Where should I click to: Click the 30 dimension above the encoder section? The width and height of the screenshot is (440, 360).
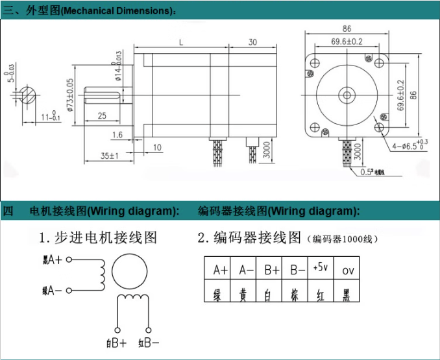(252, 42)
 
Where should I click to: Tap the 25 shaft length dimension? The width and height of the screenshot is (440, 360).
(102, 115)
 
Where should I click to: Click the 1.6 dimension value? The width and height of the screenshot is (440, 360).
(117, 135)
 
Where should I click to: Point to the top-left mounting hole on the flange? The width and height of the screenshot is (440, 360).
(315, 64)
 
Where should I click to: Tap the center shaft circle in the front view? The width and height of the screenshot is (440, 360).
(347, 96)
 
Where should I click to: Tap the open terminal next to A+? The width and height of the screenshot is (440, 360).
(69, 261)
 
